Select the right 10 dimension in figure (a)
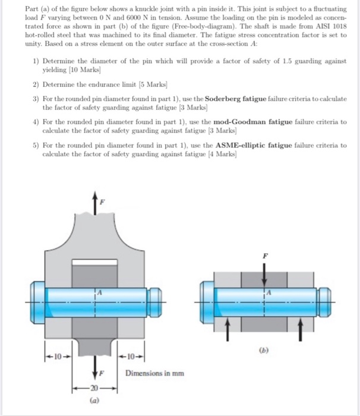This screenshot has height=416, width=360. (131, 358)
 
